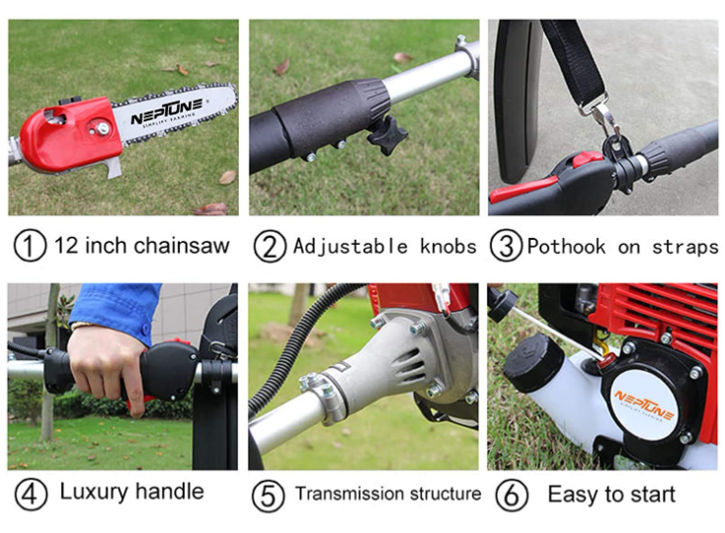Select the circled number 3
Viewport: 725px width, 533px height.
click(506, 246)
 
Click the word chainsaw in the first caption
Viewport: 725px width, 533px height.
click(186, 246)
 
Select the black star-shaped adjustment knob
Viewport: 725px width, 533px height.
click(387, 133)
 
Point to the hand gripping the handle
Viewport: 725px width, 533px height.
click(107, 360)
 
